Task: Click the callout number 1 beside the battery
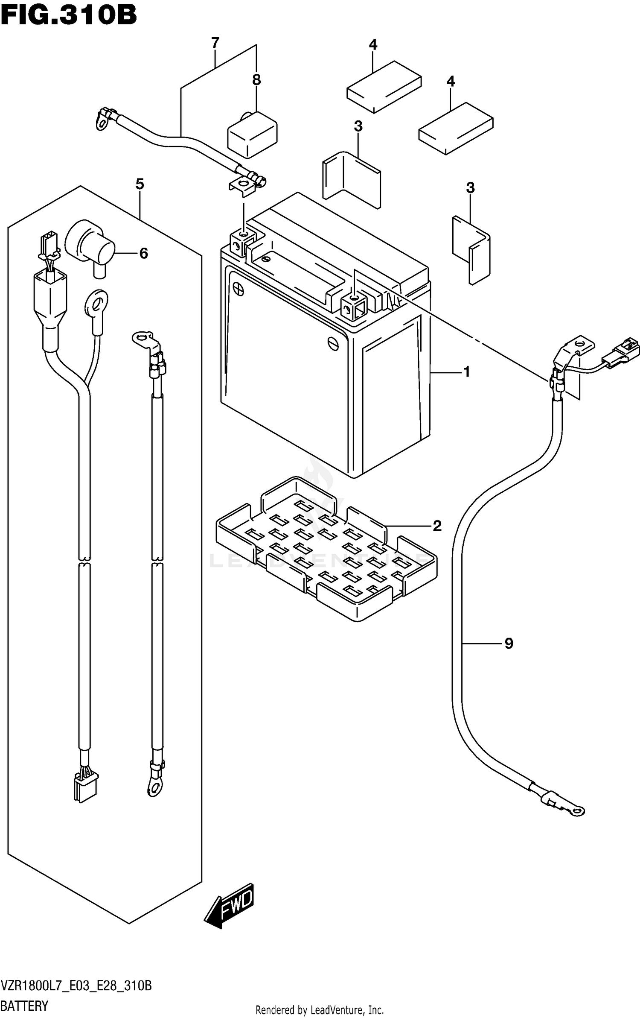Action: (467, 372)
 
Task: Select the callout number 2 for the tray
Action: (437, 526)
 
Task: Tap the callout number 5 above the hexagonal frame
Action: (140, 184)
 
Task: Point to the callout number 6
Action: (144, 253)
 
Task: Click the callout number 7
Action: (215, 43)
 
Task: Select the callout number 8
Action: (256, 80)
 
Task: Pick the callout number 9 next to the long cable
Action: (509, 644)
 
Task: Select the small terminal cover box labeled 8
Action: (252, 134)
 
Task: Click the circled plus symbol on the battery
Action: (239, 290)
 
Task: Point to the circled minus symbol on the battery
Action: (333, 343)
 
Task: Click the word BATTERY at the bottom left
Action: (24, 1006)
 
